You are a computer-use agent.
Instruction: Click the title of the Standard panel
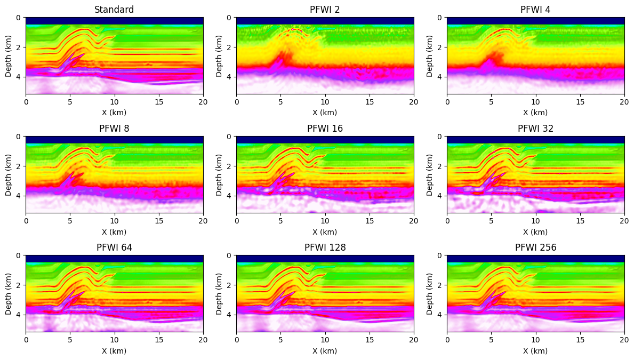[x=114, y=10]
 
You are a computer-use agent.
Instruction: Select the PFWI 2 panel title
[x=325, y=10]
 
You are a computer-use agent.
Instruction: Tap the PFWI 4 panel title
[x=535, y=10]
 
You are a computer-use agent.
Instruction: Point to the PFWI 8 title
[x=114, y=129]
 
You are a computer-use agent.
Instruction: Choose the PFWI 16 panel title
[x=325, y=129]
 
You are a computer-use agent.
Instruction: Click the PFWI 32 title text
[x=535, y=129]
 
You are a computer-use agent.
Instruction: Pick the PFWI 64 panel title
[x=114, y=247]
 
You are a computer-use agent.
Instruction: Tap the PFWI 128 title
[x=325, y=247]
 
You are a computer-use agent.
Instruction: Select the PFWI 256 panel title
[x=535, y=247]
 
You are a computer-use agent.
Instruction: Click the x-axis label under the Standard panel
[x=114, y=113]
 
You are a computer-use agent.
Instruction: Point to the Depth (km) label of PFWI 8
[x=9, y=174]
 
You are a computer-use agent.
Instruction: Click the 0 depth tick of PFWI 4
[x=440, y=18]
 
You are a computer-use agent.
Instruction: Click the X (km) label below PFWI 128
[x=325, y=351]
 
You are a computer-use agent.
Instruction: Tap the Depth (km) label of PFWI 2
[x=219, y=55]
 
